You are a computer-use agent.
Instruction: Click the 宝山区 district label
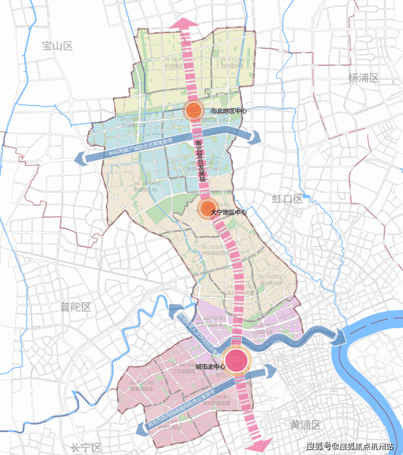(57, 46)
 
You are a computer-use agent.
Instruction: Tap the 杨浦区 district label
(363, 78)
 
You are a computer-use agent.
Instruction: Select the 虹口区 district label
(287, 199)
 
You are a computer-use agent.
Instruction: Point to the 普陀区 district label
(75, 307)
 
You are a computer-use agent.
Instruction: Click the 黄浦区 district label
(306, 424)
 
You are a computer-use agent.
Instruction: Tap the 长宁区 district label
(87, 447)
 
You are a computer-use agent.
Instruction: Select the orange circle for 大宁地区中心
(207, 208)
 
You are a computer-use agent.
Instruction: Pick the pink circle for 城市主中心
(237, 361)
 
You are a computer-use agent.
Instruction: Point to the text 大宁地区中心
(229, 212)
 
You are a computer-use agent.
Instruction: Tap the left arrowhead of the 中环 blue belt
(78, 158)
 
